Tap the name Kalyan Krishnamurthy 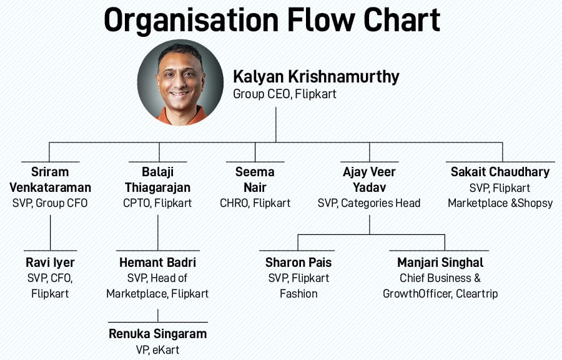point(316,77)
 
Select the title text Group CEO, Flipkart point(285,94)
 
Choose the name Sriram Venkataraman point(50,179)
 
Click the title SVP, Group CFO point(50,202)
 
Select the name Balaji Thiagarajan point(157,179)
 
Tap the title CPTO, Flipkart point(157,202)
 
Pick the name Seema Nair point(255,179)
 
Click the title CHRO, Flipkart point(255,202)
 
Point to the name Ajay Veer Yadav point(369,179)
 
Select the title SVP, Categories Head point(369,202)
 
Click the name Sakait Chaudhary point(500,171)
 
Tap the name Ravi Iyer point(50,262)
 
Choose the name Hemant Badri point(157,262)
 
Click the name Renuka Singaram point(157,334)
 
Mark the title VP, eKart point(157,350)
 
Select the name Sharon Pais point(298,262)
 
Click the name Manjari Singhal point(440,262)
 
